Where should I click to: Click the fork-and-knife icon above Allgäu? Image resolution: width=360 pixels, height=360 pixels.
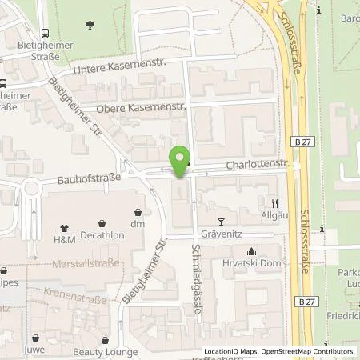tap(274, 203)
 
